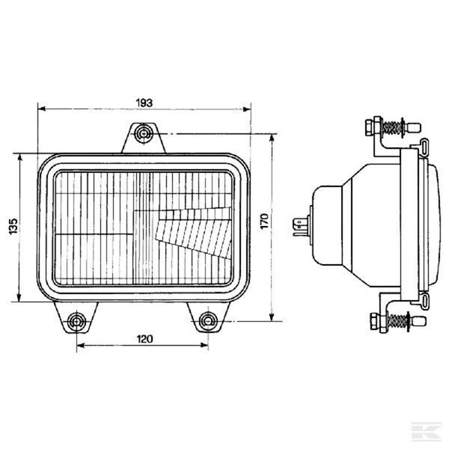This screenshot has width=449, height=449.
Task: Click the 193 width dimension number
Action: point(144,103)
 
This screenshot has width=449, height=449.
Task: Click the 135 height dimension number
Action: point(13,227)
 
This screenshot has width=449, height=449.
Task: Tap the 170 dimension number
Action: point(264,221)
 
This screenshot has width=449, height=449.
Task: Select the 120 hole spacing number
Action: point(144,339)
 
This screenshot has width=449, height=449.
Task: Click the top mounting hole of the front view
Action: point(144,133)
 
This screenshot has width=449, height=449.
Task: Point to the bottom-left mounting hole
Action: point(76,322)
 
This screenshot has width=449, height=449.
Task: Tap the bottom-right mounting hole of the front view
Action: point(207,321)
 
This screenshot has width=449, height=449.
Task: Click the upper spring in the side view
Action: point(392,128)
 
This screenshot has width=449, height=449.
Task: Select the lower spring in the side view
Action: point(397,321)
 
